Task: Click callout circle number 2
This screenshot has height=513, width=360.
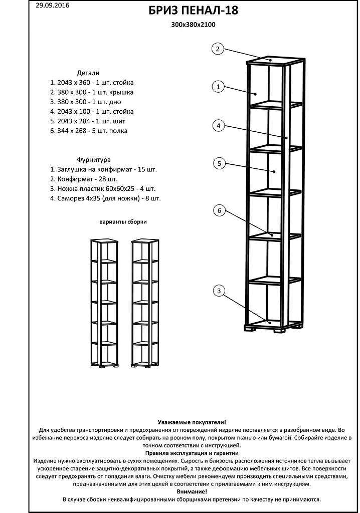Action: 217,49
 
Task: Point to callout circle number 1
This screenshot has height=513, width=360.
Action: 218,87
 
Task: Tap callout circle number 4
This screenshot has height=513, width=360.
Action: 218,126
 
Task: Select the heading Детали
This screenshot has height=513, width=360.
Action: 88,73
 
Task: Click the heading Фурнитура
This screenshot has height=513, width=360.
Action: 90,160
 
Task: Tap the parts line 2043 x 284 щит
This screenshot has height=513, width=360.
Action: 88,121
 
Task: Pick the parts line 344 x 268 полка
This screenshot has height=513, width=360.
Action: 89,131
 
